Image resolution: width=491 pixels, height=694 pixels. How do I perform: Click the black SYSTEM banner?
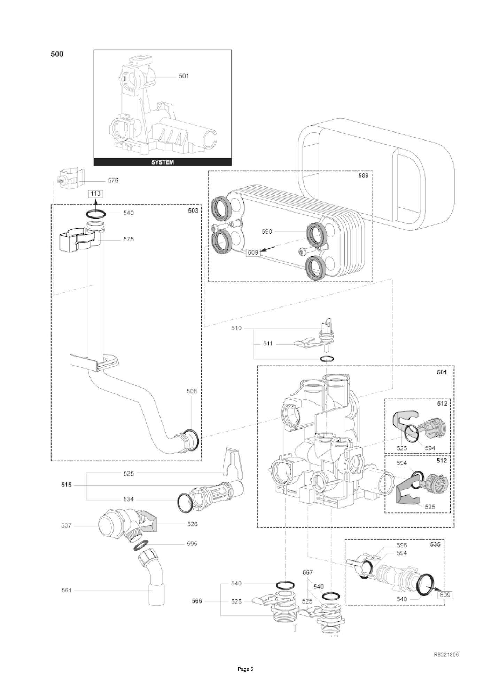(163, 162)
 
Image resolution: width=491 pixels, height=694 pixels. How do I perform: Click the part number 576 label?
(113, 180)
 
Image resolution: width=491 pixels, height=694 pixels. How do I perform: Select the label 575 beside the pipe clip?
(128, 239)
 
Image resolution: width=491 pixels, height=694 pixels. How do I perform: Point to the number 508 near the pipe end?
(192, 391)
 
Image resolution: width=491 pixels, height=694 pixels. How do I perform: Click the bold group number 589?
(363, 176)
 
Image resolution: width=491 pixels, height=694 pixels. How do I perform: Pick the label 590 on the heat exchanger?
(267, 232)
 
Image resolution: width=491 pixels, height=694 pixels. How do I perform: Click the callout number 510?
(236, 328)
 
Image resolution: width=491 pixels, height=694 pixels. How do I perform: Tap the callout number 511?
(268, 344)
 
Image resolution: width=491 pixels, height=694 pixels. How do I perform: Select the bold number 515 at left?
(66, 485)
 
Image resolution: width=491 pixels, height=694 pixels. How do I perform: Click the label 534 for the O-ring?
(128, 499)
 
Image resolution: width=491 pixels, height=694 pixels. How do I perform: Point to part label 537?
(66, 525)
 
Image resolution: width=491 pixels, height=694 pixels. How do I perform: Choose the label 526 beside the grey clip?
(192, 524)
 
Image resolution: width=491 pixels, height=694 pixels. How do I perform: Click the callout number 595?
(192, 544)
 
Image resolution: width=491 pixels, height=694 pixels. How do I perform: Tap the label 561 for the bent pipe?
(66, 590)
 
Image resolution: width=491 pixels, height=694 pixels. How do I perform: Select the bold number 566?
(197, 601)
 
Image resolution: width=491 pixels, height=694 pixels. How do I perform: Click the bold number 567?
(307, 572)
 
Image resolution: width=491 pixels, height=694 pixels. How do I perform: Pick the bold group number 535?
(435, 544)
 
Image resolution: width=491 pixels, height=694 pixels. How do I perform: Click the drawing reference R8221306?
(446, 655)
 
